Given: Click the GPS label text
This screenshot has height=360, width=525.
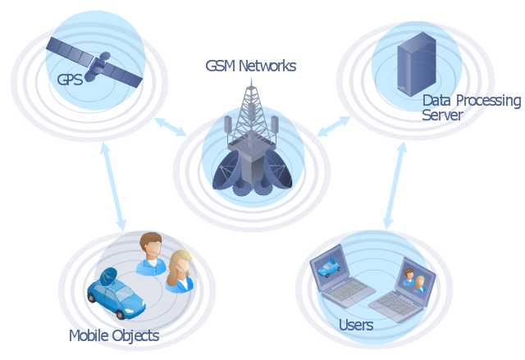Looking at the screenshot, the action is pos(70,80).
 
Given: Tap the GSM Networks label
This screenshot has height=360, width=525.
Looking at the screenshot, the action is pos(251,66).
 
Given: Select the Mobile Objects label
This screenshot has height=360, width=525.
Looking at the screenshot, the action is pos(114,335).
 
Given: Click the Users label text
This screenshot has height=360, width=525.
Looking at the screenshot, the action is pos(355,325).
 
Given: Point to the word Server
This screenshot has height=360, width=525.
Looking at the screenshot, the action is pos(442,115).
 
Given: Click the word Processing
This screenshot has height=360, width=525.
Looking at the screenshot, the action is pos(489,101).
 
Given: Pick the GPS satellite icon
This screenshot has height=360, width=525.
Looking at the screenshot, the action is pos(95,62).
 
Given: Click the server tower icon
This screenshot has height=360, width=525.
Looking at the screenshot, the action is pos(417,64).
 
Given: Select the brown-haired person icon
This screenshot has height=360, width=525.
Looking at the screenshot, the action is pos(151,253).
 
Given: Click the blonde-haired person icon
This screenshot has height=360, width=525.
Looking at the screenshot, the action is pos(180,271).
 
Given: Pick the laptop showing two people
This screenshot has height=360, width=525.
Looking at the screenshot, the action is pos(404,289).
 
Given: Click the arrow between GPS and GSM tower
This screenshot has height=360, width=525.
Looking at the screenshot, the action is pos(171,127).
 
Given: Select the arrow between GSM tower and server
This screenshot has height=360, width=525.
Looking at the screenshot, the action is pos(334,126).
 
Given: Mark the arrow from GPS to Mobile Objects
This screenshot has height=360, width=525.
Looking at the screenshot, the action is pos(113,186).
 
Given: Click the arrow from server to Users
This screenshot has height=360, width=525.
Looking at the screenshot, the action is pos(395,185).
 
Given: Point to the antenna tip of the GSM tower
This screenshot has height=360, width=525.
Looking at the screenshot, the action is pos(251,78).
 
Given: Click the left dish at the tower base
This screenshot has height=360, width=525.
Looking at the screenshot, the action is pos(226,170).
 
